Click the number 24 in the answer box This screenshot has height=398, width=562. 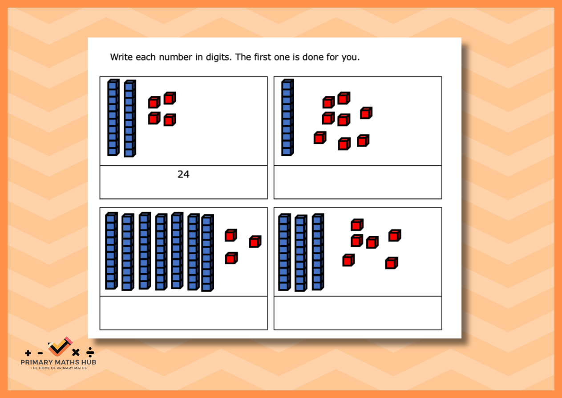[183, 174]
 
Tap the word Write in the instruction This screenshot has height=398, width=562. [121, 57]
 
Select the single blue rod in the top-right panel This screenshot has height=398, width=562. [287, 118]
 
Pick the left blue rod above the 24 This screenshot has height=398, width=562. [113, 118]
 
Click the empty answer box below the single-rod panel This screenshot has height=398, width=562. [358, 182]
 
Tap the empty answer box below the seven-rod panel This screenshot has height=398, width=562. [184, 313]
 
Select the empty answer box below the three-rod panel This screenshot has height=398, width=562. [358, 313]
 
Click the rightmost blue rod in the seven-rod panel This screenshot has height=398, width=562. [207, 253]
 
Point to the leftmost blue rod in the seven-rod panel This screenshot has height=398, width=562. [111, 251]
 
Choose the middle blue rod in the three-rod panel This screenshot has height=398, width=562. [301, 253]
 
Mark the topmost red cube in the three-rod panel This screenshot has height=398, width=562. [357, 225]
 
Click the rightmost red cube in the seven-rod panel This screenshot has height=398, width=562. [255, 242]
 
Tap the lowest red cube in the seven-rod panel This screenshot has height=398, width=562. [231, 258]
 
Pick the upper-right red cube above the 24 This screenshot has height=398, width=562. [170, 98]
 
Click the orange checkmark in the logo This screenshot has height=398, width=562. [59, 347]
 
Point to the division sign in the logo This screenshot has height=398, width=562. [90, 352]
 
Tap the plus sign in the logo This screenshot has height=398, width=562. [28, 353]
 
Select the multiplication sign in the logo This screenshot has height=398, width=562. [76, 353]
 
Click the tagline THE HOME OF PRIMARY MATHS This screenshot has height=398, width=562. [58, 368]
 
